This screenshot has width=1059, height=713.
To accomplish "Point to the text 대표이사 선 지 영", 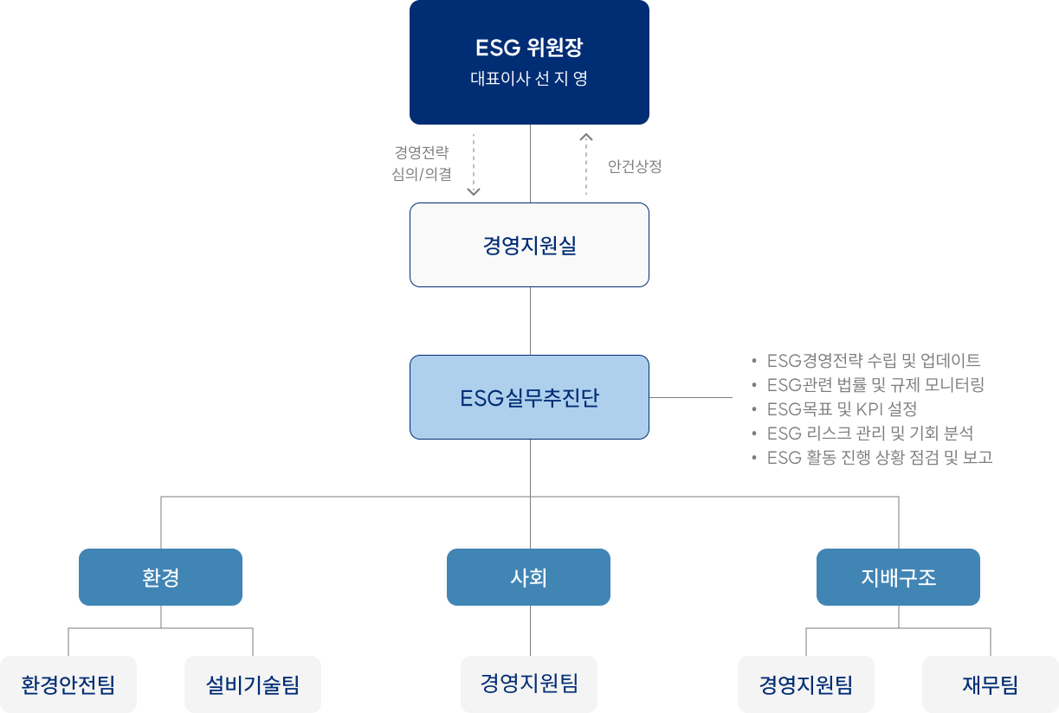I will click(529, 79).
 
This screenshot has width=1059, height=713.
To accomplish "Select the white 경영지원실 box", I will click(529, 245).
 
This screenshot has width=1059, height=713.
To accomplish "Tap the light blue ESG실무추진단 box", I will click(529, 397).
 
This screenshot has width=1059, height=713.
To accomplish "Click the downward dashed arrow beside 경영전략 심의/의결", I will click(474, 164).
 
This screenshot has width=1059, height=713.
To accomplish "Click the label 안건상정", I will click(635, 166).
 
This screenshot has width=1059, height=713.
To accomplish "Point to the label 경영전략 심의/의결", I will click(422, 164).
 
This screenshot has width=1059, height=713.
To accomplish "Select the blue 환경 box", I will click(160, 577).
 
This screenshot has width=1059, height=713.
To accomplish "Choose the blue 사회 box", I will click(528, 577).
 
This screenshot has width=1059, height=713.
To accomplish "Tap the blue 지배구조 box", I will click(898, 577).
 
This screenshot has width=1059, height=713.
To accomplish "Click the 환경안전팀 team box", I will click(68, 684).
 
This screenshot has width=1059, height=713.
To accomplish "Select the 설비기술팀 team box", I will click(253, 684).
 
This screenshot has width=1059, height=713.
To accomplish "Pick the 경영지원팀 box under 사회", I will click(529, 684).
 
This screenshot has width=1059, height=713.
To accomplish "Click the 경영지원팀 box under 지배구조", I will click(806, 684).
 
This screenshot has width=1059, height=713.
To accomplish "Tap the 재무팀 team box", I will click(991, 684).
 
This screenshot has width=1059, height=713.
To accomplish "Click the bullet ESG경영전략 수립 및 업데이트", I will click(873, 361).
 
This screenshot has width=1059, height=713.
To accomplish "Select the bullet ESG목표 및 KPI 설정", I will click(842, 409).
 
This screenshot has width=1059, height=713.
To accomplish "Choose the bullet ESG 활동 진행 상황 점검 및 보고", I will click(879, 458).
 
